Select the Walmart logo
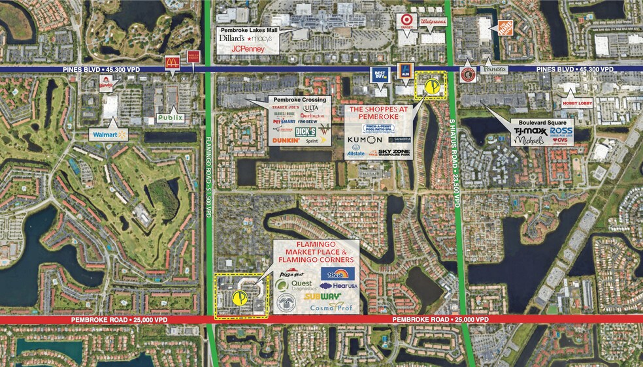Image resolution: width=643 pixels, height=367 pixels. (x=108, y=135)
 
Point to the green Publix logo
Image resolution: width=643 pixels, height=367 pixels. (x=170, y=118)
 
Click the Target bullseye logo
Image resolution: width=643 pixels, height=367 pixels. (x=406, y=21)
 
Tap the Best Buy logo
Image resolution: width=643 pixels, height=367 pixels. (x=380, y=75)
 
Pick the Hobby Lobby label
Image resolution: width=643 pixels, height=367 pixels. (x=577, y=103)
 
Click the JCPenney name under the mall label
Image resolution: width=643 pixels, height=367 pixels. (x=247, y=48)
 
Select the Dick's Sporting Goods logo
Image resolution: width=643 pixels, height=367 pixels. (x=306, y=131)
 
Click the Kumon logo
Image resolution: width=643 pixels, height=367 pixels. (x=365, y=140)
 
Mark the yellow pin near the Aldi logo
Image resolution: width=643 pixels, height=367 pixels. (x=431, y=86)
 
